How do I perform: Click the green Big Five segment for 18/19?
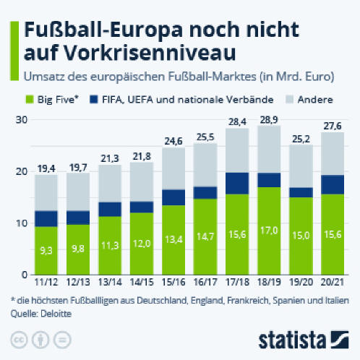coord(269,231)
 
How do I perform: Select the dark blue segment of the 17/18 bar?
coord(237,183)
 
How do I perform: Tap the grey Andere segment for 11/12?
coord(46,192)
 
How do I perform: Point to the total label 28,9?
coord(269,120)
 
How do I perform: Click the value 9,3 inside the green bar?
coord(46,251)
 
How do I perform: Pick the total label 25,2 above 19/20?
coord(301,139)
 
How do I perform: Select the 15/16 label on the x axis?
coord(173,282)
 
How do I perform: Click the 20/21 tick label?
coord(333,282)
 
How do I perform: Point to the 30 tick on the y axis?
coord(22,120)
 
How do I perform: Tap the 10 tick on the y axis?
coord(22,223)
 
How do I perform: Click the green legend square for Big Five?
coord(30,100)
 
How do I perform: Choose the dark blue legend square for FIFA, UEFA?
coord(94,100)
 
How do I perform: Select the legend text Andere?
coord(315,100)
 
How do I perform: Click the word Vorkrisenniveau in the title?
coord(130,53)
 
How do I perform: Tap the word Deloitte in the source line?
coord(56,314)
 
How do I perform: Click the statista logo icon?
coord(339,340)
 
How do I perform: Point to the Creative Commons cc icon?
coord(20,340)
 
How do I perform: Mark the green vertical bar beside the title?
coord(14,51)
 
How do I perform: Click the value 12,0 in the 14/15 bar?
coord(142,244)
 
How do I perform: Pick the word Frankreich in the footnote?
coord(248,301)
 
